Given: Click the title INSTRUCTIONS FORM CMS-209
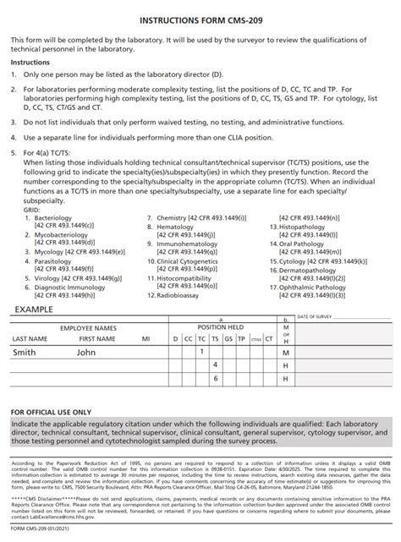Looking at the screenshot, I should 200,17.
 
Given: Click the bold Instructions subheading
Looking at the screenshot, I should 30,62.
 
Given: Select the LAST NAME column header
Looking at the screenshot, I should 30,338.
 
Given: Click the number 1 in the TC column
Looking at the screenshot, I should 201,350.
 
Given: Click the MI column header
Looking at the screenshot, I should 146,338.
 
